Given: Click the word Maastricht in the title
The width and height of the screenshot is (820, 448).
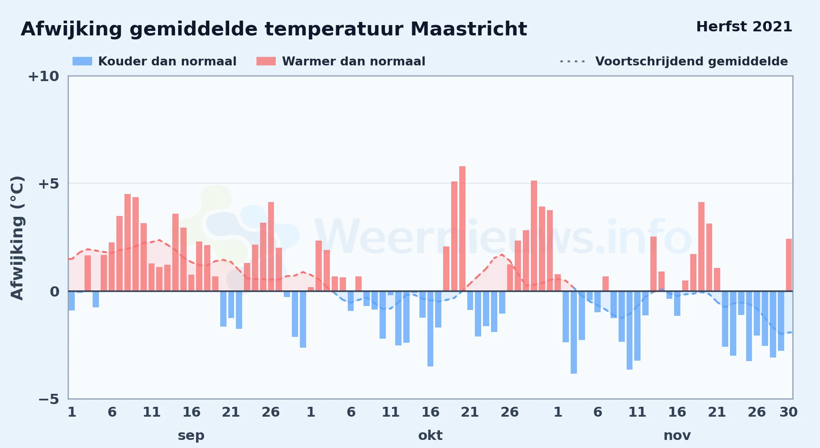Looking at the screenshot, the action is (x=469, y=29).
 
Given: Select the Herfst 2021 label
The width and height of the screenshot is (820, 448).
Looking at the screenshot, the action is (x=744, y=27).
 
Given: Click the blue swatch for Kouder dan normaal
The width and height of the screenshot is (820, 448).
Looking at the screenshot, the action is (x=82, y=61).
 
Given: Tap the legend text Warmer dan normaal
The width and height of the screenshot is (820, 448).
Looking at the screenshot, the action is (x=354, y=61).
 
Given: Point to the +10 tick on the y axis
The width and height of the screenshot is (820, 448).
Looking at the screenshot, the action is (x=43, y=76).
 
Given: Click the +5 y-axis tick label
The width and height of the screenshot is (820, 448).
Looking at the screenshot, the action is (x=48, y=184).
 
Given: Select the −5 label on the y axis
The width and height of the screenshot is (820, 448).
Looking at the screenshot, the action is (x=48, y=399).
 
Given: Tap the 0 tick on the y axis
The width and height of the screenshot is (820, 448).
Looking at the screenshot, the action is (x=55, y=292).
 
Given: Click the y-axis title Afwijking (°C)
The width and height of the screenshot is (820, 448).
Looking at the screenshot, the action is (x=17, y=238).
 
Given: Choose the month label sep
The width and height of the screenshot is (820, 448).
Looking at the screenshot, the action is (x=191, y=435).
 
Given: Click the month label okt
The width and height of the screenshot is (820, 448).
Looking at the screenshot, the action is (x=430, y=435).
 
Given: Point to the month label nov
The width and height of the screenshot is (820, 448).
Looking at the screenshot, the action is (x=677, y=435).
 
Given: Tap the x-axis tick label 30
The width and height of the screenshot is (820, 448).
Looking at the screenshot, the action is (x=788, y=412).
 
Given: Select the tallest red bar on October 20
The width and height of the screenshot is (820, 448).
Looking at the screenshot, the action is (x=462, y=228).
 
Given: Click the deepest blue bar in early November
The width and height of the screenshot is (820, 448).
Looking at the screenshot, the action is (x=574, y=332).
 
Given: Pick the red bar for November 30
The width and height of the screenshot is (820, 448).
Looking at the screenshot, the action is (x=789, y=265).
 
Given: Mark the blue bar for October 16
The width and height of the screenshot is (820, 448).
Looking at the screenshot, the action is (x=430, y=329).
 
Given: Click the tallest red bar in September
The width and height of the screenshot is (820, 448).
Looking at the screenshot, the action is (x=128, y=242).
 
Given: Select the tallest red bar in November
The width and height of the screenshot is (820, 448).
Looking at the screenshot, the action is (x=701, y=246).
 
